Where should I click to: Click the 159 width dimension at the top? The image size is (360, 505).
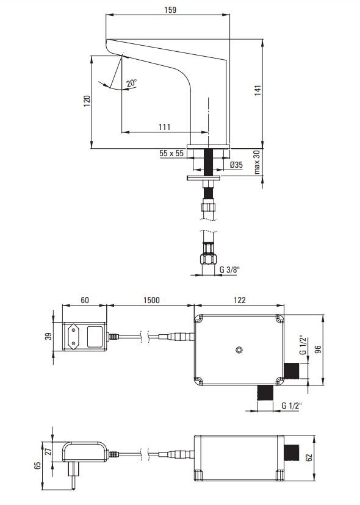coord(170,10)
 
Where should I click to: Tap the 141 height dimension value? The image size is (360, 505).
coord(258,90)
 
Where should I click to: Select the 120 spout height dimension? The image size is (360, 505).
coord(87,101)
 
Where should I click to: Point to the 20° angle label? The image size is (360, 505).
coord(132,83)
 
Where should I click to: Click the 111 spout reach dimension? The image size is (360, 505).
coord(164,127)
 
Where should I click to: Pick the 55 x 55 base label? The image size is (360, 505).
coord(171,153)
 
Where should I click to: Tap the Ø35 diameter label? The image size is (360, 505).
coord(237,165)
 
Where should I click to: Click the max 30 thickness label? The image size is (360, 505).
coord(257,162)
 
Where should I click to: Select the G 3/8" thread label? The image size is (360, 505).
coord(230,270)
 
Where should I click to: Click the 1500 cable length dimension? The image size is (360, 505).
coord(151,300)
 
